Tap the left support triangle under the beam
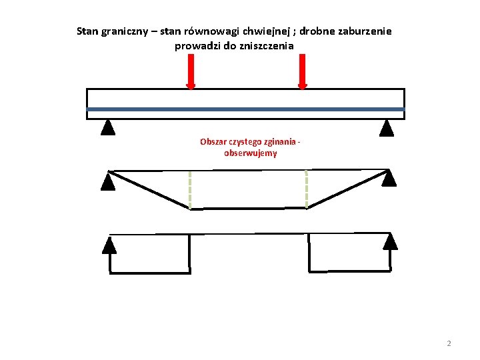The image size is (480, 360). [108, 127]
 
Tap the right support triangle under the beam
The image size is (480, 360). [386, 127]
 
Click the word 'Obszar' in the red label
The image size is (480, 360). [213, 141]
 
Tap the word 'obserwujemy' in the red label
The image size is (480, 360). [251, 153]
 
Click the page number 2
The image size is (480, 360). [449, 343]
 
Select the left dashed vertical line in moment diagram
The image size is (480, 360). [190, 190]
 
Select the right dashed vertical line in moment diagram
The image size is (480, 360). [307, 189]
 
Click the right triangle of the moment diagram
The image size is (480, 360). [389, 177]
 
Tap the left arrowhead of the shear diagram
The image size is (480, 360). [109, 246]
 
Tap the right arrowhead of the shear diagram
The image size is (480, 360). [391, 241]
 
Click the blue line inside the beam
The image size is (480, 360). [245, 109]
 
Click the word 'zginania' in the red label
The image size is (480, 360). [281, 141]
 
